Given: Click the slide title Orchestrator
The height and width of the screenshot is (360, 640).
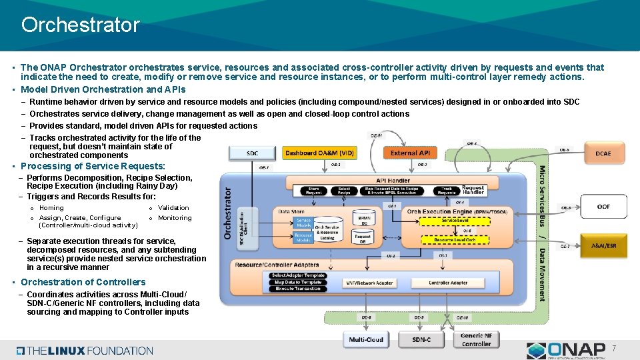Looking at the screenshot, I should [80, 25].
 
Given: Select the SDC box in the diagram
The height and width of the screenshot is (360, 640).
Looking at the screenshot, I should [252, 153].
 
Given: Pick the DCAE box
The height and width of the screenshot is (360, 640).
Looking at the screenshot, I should [603, 153].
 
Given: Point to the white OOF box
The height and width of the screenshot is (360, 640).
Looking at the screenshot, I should [603, 207].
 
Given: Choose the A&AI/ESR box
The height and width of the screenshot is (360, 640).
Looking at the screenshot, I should [603, 245].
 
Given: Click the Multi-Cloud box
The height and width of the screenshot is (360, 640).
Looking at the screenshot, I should [366, 339].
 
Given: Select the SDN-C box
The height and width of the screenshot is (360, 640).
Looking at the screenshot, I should [421, 339].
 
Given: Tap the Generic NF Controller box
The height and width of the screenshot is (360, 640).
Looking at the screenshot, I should [476, 339].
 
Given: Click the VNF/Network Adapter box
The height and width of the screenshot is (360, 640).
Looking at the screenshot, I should [369, 283].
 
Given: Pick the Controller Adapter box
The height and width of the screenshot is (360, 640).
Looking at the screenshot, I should [448, 283].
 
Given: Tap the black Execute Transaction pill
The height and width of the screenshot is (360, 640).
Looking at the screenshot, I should [297, 289].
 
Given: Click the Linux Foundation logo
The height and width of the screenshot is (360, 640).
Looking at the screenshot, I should [85, 350].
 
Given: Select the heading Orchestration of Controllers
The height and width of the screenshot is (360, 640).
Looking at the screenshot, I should [83, 282].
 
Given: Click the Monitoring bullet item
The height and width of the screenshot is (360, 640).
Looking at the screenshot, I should [174, 218].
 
